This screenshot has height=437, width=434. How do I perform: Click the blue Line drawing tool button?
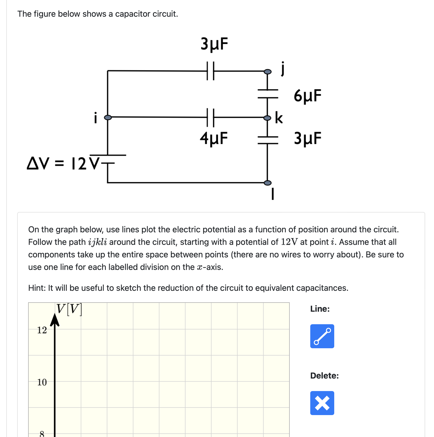click(x=322, y=336)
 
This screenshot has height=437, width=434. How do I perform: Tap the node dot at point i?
click(x=108, y=117)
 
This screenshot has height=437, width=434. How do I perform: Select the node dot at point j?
click(x=268, y=72)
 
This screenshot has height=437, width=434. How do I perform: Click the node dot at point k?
click(x=267, y=118)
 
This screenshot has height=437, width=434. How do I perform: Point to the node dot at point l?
click(x=268, y=183)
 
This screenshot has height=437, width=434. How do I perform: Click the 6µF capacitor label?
click(x=307, y=96)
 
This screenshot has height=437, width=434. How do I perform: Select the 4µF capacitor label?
click(x=214, y=138)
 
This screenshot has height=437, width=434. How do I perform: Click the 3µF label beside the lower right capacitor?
click(x=307, y=138)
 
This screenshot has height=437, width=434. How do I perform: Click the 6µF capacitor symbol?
click(x=268, y=93)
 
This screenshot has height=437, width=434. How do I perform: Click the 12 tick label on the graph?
click(x=42, y=330)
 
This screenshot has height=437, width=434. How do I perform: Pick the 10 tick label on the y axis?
click(x=42, y=382)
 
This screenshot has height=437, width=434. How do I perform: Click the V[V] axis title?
click(x=69, y=309)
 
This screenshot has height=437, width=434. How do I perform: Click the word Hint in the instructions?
click(x=36, y=288)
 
